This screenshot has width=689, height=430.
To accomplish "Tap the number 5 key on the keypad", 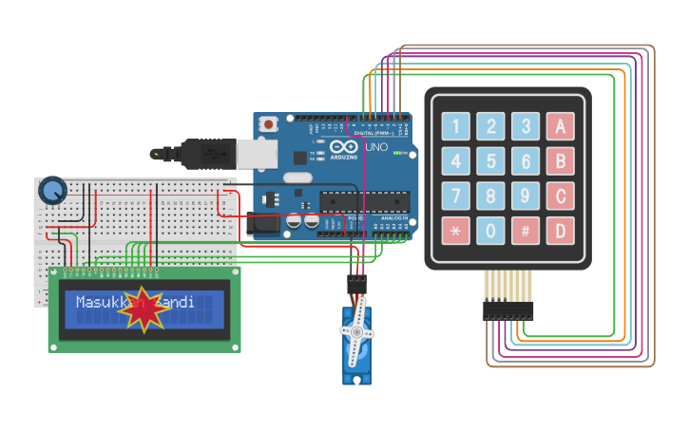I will (490, 161).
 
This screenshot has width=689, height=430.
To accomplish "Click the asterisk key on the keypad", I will (455, 231).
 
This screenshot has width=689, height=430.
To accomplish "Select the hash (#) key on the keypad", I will (526, 231).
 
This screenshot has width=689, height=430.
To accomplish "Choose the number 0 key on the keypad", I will (490, 231).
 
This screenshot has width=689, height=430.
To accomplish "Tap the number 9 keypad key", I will (526, 196).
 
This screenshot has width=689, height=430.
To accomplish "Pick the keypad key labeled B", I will (561, 161).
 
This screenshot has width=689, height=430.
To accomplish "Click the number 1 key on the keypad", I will (455, 126).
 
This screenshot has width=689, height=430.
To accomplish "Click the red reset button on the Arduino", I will (271, 123).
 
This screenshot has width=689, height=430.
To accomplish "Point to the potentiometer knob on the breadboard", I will (52, 191).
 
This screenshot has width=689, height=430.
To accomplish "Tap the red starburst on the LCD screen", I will (144, 309).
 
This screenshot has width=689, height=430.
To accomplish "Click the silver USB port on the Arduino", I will (254, 153).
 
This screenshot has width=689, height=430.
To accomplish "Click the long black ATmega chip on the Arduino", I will (365, 200).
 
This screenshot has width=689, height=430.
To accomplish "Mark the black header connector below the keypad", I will (507, 310).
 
